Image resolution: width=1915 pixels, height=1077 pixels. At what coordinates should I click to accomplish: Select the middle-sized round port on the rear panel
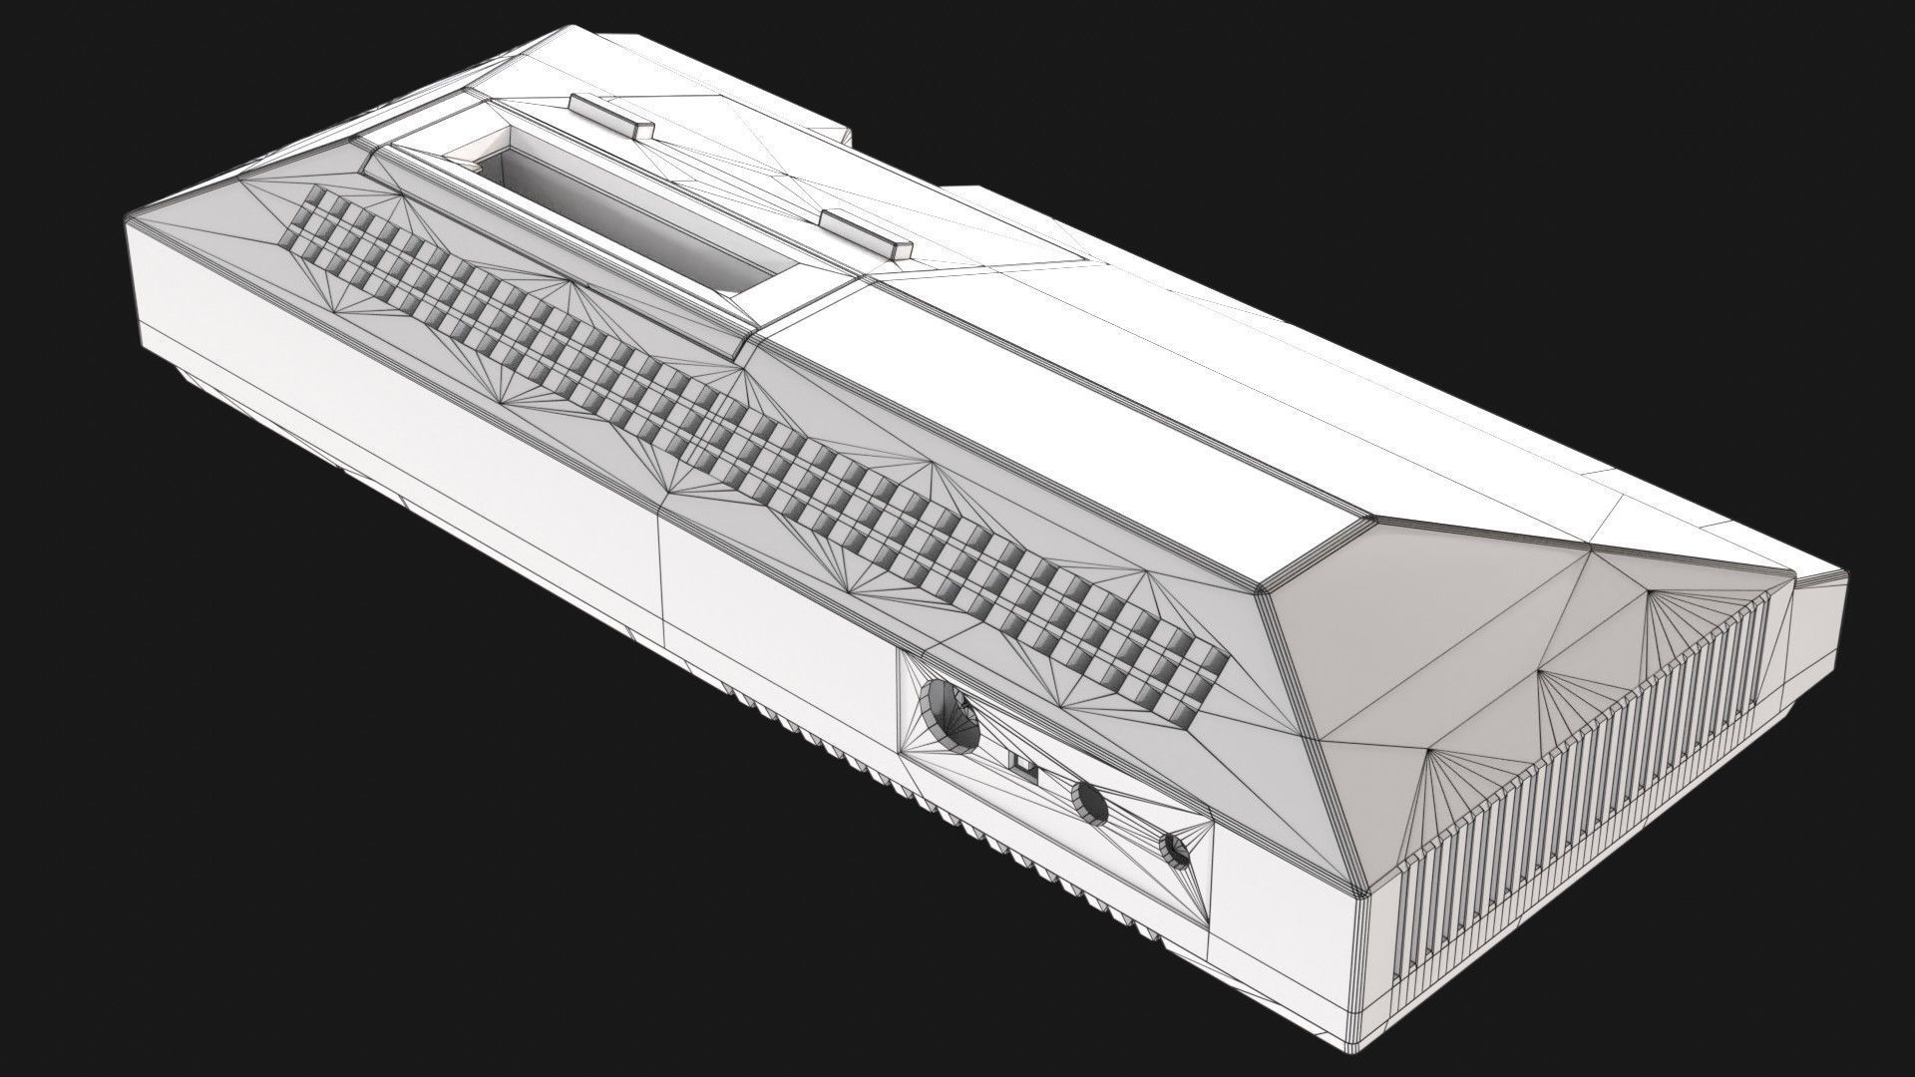(1090, 802)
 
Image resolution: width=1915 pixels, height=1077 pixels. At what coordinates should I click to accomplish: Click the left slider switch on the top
(609, 116)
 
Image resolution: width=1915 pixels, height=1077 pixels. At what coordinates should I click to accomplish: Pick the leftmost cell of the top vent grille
(302, 231)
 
